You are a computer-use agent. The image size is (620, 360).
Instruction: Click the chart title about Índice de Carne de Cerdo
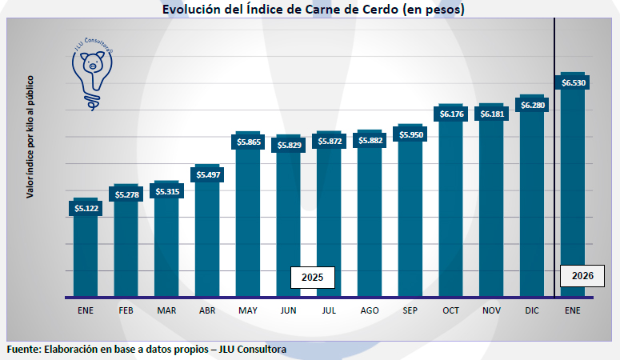click(x=313, y=10)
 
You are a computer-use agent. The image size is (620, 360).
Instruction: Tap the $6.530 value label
click(x=574, y=82)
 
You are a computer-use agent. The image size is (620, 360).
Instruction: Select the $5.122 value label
click(x=86, y=209)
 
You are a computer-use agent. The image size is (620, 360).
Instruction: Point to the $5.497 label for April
click(x=207, y=174)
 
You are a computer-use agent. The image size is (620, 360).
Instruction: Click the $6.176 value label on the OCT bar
click(x=452, y=114)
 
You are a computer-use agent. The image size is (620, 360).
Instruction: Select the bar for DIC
click(x=533, y=208)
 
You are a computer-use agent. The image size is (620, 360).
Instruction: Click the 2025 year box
click(x=312, y=278)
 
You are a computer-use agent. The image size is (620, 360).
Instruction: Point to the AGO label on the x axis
click(x=370, y=310)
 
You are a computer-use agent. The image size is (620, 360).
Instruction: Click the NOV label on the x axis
click(x=492, y=310)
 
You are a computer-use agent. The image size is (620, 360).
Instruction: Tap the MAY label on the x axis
click(x=247, y=310)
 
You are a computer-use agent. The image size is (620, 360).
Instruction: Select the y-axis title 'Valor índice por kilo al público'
click(x=30, y=137)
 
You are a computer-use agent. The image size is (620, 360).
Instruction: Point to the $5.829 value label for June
click(x=289, y=145)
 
